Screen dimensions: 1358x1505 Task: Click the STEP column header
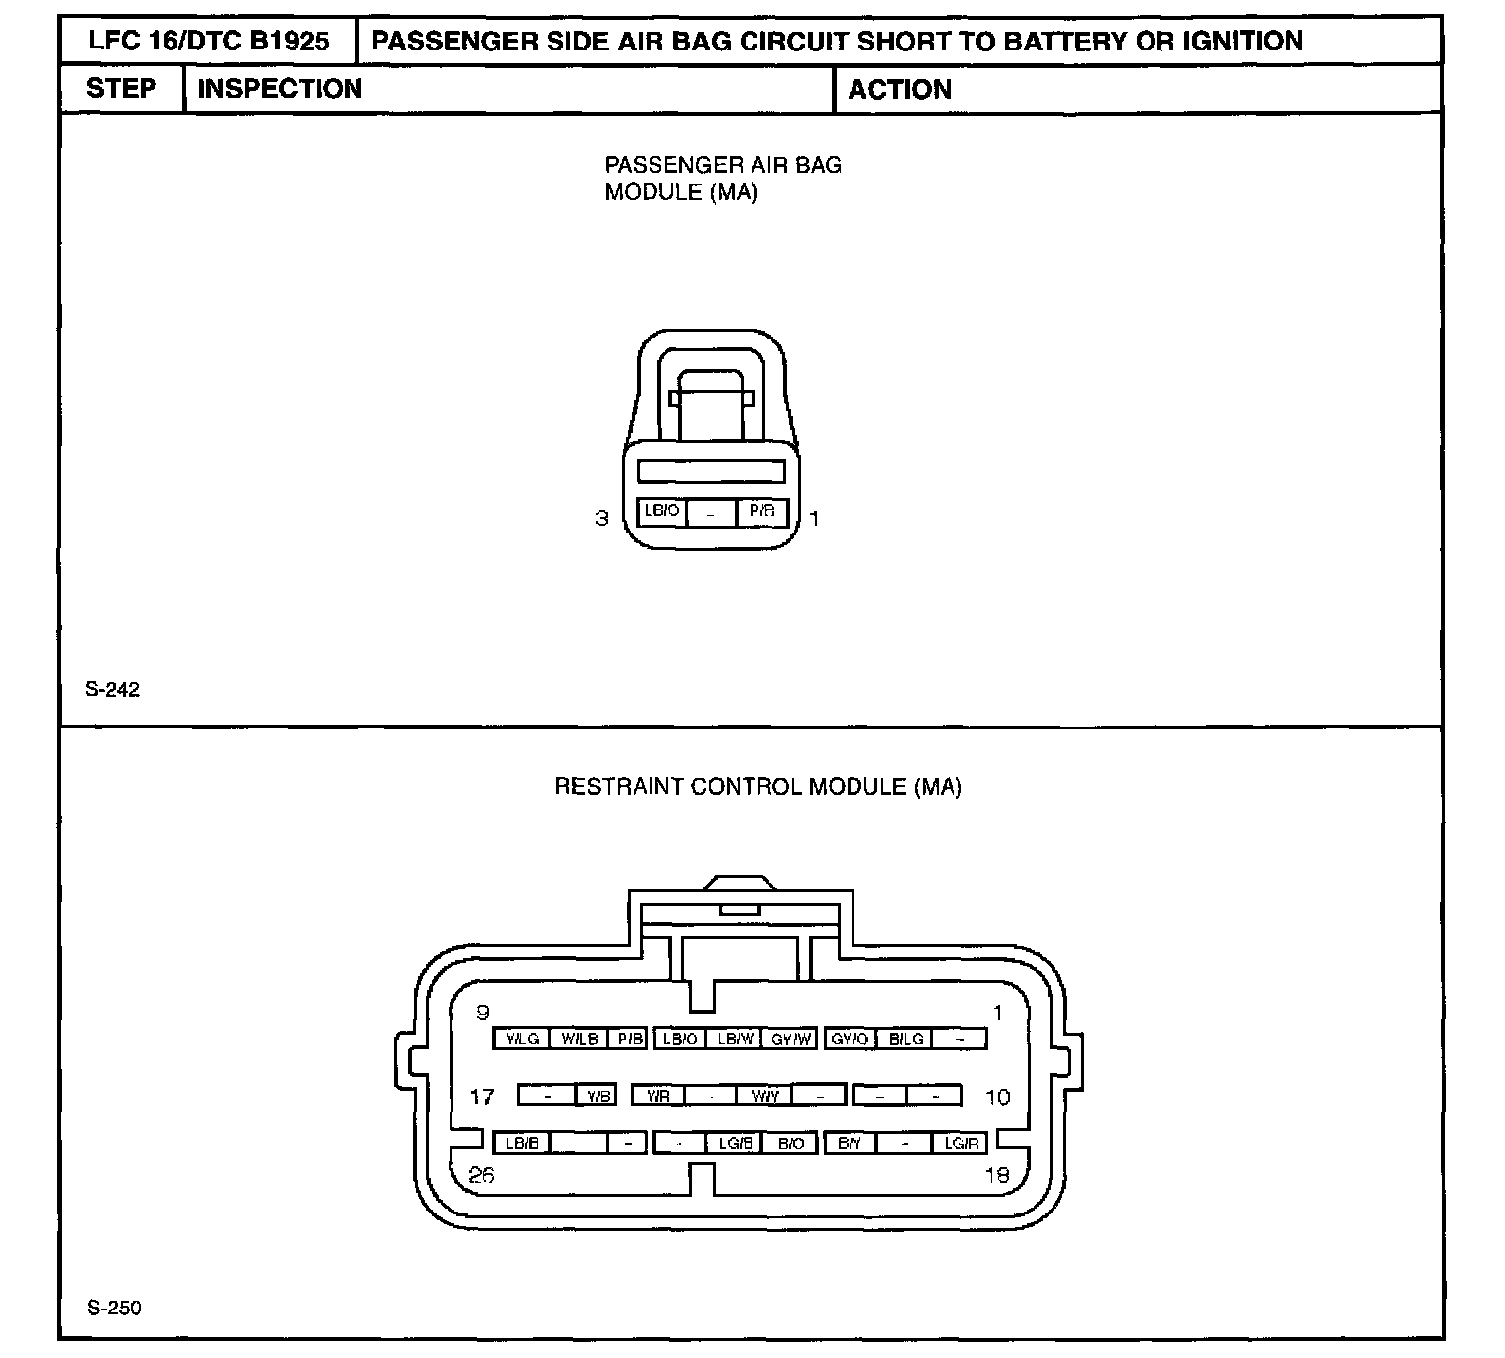121,89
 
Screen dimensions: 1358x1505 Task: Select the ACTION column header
899,90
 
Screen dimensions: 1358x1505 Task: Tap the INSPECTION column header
280,89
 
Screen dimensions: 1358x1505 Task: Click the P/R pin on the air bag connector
762,512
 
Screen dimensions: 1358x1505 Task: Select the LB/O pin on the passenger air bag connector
661,512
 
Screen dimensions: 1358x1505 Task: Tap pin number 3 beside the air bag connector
601,518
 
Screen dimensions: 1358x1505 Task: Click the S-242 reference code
113,690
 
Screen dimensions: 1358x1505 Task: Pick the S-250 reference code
114,1309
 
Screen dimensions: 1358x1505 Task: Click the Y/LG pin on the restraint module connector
522,1039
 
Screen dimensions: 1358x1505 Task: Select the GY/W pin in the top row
792,1039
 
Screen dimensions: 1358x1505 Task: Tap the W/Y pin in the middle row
765,1096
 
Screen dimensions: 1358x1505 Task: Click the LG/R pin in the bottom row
960,1144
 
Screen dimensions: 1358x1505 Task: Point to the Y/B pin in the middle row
596,1096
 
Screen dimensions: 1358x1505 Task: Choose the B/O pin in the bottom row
791,1144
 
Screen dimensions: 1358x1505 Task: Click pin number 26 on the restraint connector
482,1176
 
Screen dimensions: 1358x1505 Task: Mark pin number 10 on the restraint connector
997,1097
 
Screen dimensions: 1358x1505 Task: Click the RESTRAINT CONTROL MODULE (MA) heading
758,787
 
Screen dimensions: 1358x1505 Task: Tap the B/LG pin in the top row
906,1039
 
